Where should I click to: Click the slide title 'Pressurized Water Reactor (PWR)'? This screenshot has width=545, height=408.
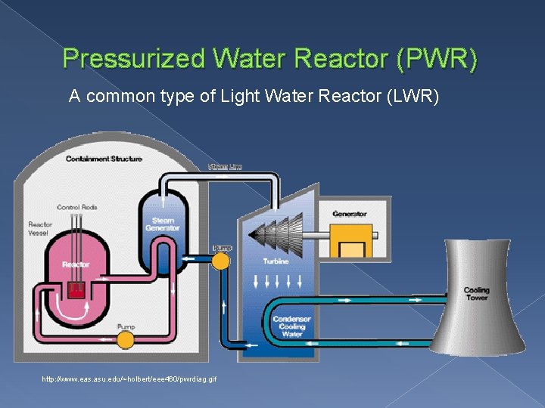(270, 59)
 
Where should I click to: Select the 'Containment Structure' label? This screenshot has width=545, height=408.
(104, 159)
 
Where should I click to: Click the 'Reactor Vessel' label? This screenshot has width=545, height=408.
(39, 229)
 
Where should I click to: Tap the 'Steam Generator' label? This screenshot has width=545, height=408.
(162, 224)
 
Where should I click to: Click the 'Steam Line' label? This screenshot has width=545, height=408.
(225, 166)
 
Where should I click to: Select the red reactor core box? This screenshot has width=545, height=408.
(76, 289)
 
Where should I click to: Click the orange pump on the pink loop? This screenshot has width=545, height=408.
(126, 340)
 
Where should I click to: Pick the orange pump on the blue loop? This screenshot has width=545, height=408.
(221, 261)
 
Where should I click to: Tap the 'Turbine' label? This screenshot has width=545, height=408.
(276, 261)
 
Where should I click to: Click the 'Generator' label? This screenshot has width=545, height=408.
(349, 214)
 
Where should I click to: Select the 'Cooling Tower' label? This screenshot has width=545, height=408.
(477, 294)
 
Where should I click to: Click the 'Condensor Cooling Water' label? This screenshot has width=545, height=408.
(291, 326)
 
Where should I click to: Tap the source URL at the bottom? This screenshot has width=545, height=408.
(129, 379)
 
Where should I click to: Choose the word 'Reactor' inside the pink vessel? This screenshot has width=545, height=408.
(76, 264)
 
